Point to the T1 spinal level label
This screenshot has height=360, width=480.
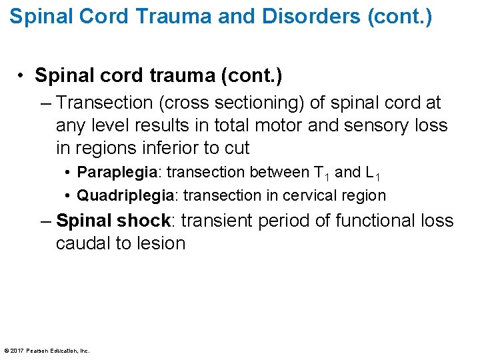click(x=321, y=173)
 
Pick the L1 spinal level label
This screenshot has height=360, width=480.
click(x=373, y=173)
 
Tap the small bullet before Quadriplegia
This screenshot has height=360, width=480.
click(x=69, y=196)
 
